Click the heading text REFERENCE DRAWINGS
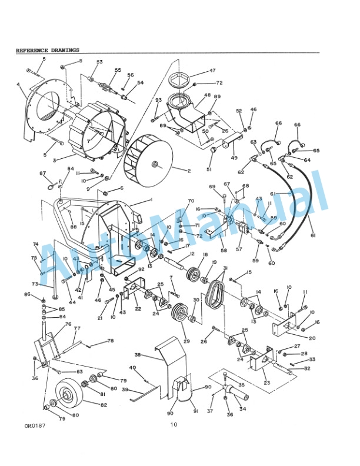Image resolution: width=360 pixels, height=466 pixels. click(x=47, y=51)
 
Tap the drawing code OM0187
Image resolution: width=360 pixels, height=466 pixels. click(x=33, y=424)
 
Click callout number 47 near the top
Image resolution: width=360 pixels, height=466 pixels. click(x=212, y=71)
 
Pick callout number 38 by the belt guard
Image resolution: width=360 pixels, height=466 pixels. click(x=137, y=355)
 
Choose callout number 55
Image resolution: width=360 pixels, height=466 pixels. click(x=118, y=71)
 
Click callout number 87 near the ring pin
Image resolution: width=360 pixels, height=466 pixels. click(x=42, y=173)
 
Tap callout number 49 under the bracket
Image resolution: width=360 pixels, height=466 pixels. click(x=234, y=158)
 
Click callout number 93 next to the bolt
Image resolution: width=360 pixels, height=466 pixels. click(x=158, y=101)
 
